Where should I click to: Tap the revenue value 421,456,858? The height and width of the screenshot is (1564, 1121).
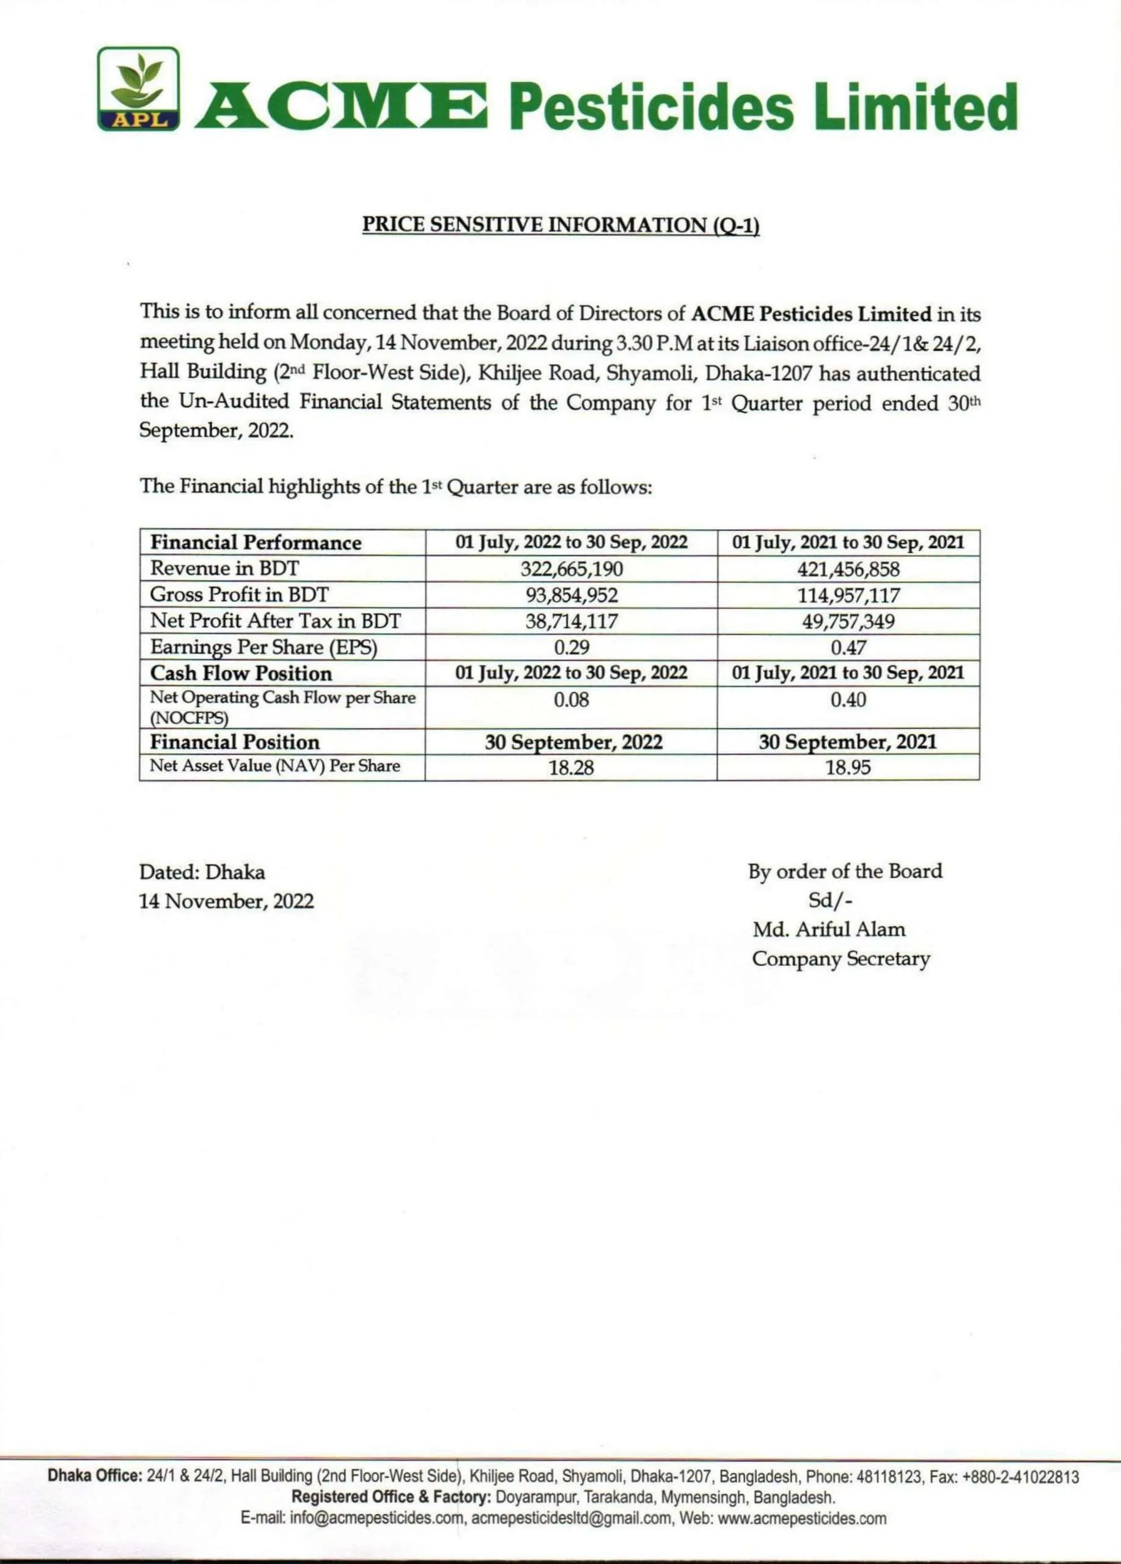[x=848, y=569]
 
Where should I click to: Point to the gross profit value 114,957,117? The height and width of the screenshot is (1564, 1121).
[x=848, y=595]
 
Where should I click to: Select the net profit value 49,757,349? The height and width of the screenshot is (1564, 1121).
[x=848, y=621]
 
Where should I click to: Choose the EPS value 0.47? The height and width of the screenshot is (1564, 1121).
[x=848, y=648]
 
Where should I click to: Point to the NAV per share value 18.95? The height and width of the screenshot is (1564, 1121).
[x=848, y=767]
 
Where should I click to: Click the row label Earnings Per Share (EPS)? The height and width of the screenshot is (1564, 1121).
[x=263, y=648]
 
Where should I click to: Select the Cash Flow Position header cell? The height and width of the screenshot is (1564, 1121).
[x=241, y=673]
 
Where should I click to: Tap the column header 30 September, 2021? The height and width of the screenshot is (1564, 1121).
[x=848, y=742]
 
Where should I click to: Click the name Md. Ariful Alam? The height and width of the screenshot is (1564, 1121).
[x=828, y=929]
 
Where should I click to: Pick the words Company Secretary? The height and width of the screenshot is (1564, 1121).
[x=840, y=959]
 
